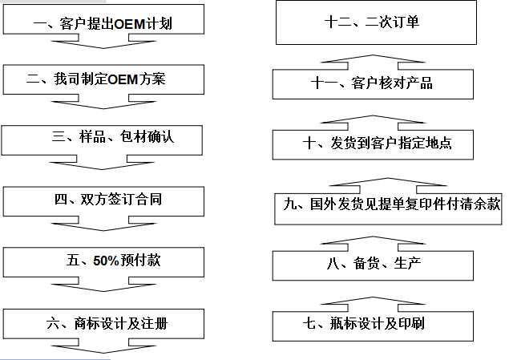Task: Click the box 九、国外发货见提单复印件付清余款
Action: pos(387,204)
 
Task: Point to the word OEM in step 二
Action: pos(124,79)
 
